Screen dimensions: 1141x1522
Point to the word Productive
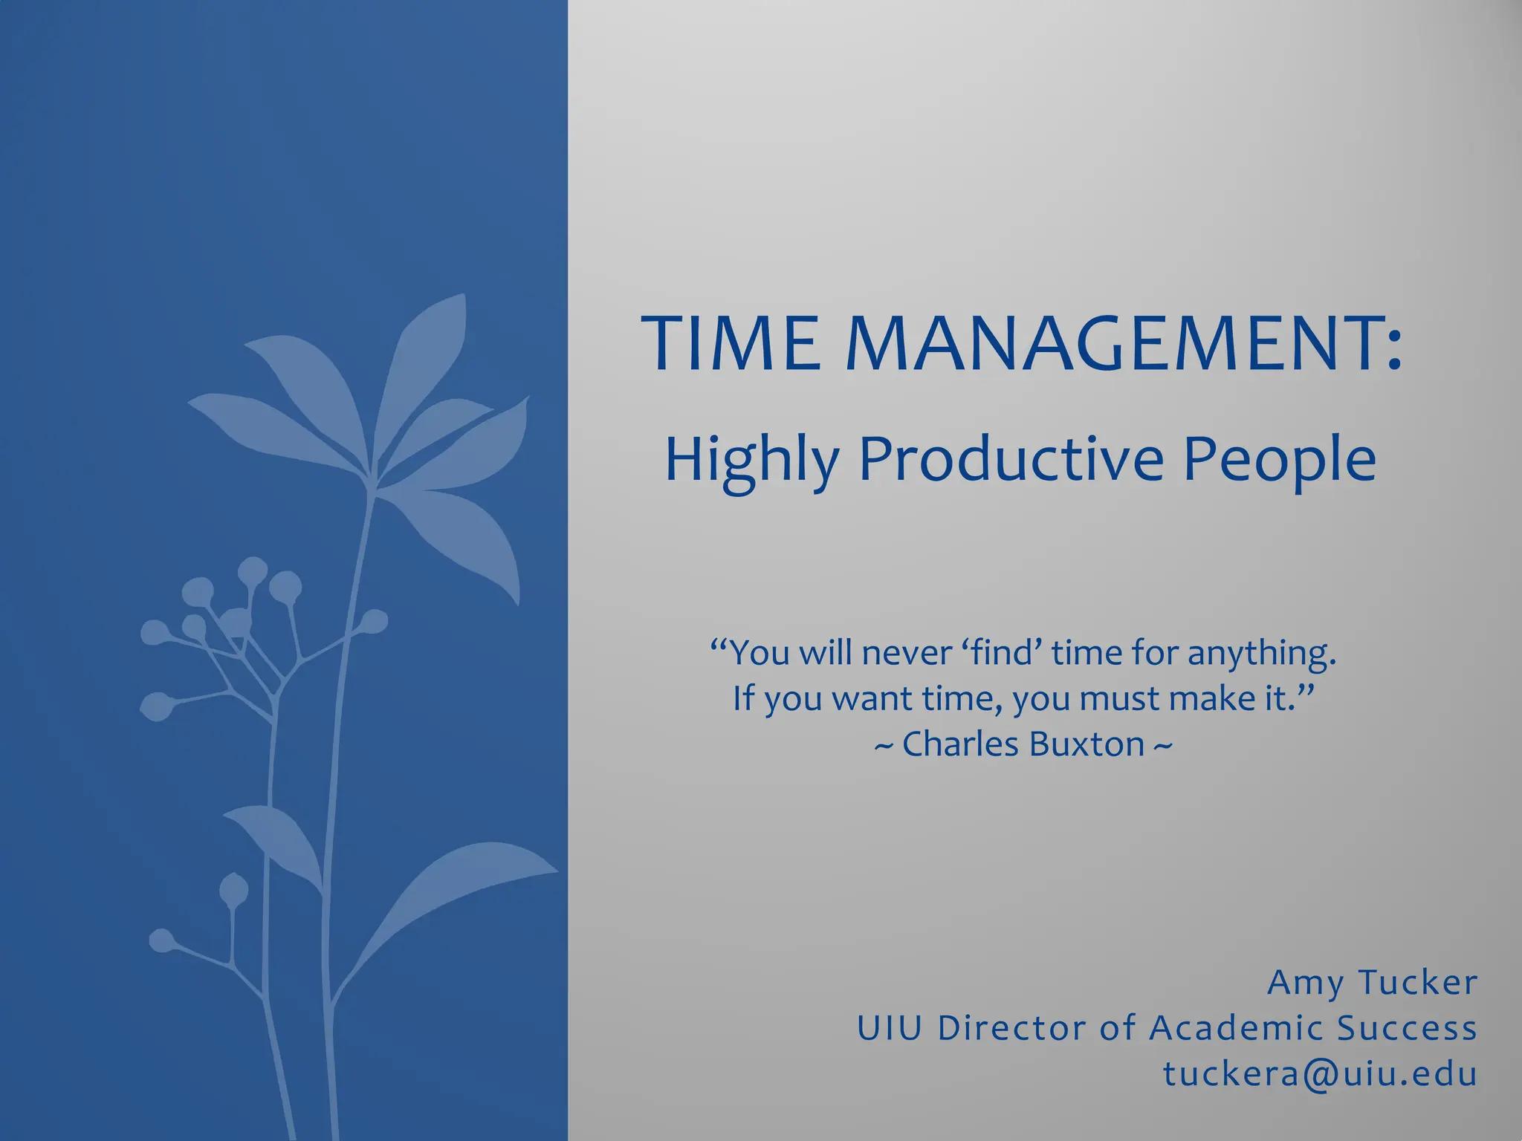(1011, 459)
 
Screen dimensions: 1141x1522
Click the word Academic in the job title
(1236, 1029)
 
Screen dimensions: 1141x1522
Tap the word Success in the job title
(1407, 1029)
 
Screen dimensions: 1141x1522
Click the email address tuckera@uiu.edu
(1320, 1075)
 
